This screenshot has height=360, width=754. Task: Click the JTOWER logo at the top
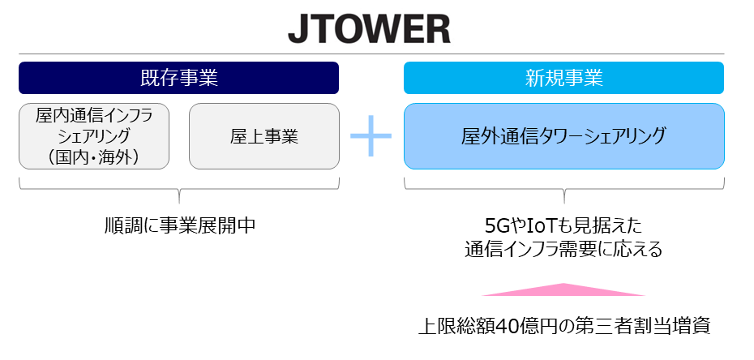(370, 30)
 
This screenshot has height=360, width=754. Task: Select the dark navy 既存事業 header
(179, 78)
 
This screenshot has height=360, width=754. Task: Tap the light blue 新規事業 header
(563, 78)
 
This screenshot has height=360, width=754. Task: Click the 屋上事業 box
(264, 136)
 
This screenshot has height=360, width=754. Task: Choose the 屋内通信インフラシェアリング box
(94, 136)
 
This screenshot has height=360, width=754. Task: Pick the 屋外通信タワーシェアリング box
(564, 136)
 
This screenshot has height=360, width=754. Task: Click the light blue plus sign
(371, 136)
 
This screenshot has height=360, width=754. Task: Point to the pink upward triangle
(563, 289)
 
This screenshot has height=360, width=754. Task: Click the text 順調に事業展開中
(180, 225)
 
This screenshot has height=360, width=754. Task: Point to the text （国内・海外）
(94, 157)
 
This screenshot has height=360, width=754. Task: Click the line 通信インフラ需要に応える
(563, 250)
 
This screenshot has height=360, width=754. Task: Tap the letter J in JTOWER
(298, 31)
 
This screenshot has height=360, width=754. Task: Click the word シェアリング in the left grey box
(94, 136)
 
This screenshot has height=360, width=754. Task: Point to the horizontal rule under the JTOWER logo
(371, 54)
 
